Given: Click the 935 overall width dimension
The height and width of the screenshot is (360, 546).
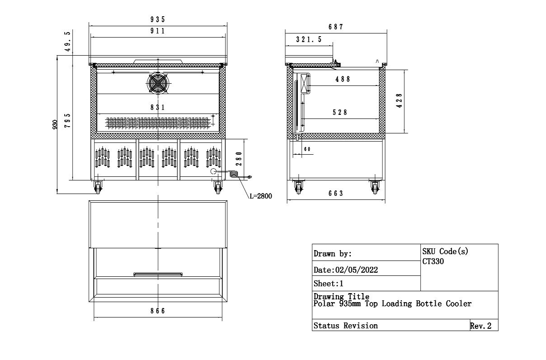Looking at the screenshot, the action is pos(158,19).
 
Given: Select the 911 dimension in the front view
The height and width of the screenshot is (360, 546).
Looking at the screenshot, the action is pos(158,31).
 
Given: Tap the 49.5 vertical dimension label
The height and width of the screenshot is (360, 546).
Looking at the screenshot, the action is pos(67,41).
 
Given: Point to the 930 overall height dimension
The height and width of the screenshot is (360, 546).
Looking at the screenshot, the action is pos(55,124).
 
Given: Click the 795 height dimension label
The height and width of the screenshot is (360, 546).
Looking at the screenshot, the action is pos(67,120).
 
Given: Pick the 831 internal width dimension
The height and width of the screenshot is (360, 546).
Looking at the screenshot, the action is pos(158,107).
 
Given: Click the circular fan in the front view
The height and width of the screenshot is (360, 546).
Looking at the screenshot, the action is pos(158,83).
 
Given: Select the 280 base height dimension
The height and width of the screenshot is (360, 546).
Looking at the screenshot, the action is pos(239,159).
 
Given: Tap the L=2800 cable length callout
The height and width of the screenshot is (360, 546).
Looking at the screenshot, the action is pos(261,196).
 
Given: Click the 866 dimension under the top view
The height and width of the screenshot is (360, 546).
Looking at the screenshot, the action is pos(158,311).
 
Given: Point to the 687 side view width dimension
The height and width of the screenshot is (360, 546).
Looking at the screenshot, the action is pos(336,27).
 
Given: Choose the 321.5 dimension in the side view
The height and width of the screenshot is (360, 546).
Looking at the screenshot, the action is pos(309,39).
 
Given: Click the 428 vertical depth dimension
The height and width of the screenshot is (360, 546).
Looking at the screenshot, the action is pos(399,100).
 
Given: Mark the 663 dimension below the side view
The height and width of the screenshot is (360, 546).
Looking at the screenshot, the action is pos(336,194).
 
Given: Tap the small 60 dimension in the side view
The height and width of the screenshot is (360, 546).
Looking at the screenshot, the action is pos(307,149).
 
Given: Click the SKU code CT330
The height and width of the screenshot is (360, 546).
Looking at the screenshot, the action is pos(433,261).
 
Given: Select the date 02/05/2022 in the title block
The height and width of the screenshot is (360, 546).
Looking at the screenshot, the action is pos(357,270).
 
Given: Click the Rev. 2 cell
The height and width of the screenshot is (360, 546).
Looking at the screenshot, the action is pos(480,326).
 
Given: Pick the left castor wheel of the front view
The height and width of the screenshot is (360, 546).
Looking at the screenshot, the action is pos(98,187).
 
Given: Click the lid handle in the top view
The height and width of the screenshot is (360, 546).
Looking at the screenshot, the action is pos(158,275).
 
